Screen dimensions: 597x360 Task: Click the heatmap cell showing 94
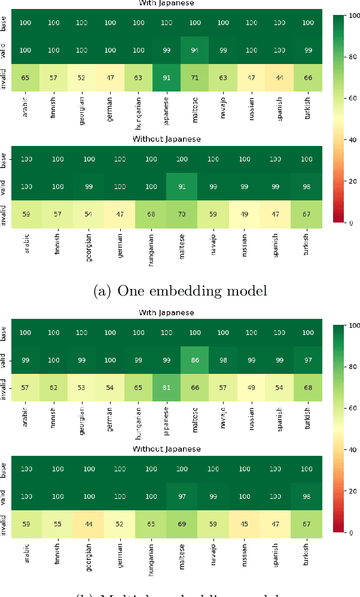[194, 50]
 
